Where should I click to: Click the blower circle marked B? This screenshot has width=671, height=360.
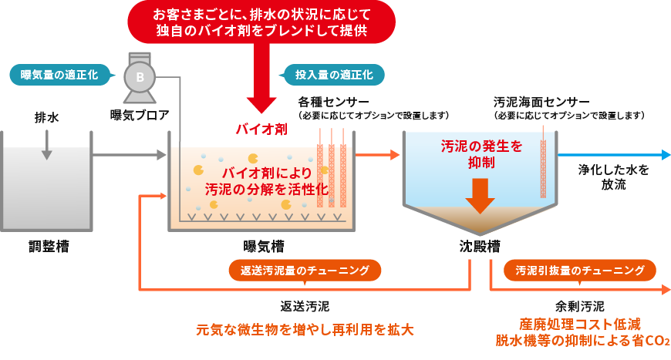[x=140, y=77]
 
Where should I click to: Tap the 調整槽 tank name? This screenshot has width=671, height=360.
[x=46, y=247]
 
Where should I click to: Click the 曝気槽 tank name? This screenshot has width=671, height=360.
[x=263, y=247]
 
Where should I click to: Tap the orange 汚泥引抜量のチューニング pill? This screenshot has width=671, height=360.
[x=579, y=271]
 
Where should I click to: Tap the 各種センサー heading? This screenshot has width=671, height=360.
[x=334, y=102]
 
